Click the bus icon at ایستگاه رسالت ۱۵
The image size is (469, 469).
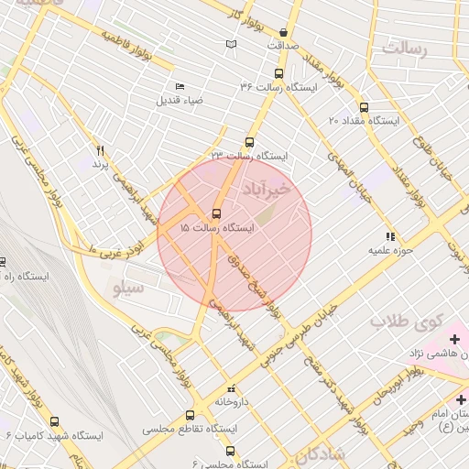point(217,210)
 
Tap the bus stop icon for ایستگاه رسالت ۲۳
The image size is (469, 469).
point(249,142)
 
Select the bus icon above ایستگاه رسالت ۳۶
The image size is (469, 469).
point(278,72)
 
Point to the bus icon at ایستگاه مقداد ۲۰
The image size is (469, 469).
point(365,106)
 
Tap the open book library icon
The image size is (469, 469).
point(231,44)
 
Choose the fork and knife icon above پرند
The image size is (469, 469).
point(101,149)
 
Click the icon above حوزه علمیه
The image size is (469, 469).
point(391,234)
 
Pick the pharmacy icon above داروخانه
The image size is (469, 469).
point(230,388)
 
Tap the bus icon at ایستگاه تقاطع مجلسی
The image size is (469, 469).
point(190,414)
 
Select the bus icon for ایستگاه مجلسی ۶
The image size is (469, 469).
point(229,450)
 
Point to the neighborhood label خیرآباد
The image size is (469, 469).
point(267,188)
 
